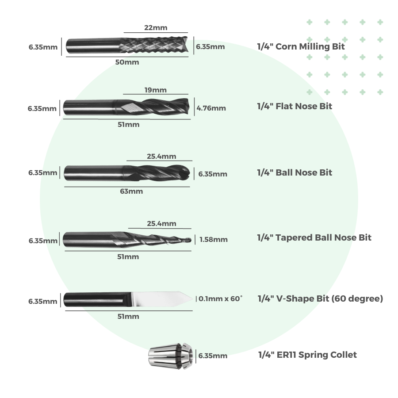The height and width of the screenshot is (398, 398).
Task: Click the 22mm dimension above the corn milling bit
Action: pos(153,27)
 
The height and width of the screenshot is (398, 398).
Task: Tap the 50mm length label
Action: pos(127,62)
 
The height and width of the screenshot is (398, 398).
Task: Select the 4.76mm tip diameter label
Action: pos(211,108)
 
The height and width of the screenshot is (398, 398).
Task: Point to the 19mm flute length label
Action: pos(156,90)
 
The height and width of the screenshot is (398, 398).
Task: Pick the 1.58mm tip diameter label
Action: pos(214,240)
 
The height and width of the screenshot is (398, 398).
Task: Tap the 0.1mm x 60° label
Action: pos(221,298)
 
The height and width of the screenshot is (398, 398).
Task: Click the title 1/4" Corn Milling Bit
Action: pos(301,46)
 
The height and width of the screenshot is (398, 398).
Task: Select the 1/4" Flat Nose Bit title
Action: pos(295,106)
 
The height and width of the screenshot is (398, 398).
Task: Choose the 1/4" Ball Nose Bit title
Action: pos(295,172)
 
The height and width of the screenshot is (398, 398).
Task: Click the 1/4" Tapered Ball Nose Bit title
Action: pos(314,237)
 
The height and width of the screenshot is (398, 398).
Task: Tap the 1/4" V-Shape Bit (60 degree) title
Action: pos(320,298)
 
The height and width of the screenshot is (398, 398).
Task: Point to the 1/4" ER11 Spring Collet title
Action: pos(307,355)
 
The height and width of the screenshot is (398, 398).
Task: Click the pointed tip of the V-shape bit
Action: pos(192,298)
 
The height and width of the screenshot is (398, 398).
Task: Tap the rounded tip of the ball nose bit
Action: pos(188,172)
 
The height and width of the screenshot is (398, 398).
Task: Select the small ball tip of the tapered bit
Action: pos(190,240)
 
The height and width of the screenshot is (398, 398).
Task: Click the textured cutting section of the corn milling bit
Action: pos(155,45)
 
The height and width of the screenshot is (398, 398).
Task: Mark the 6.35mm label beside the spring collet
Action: pos(213,356)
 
